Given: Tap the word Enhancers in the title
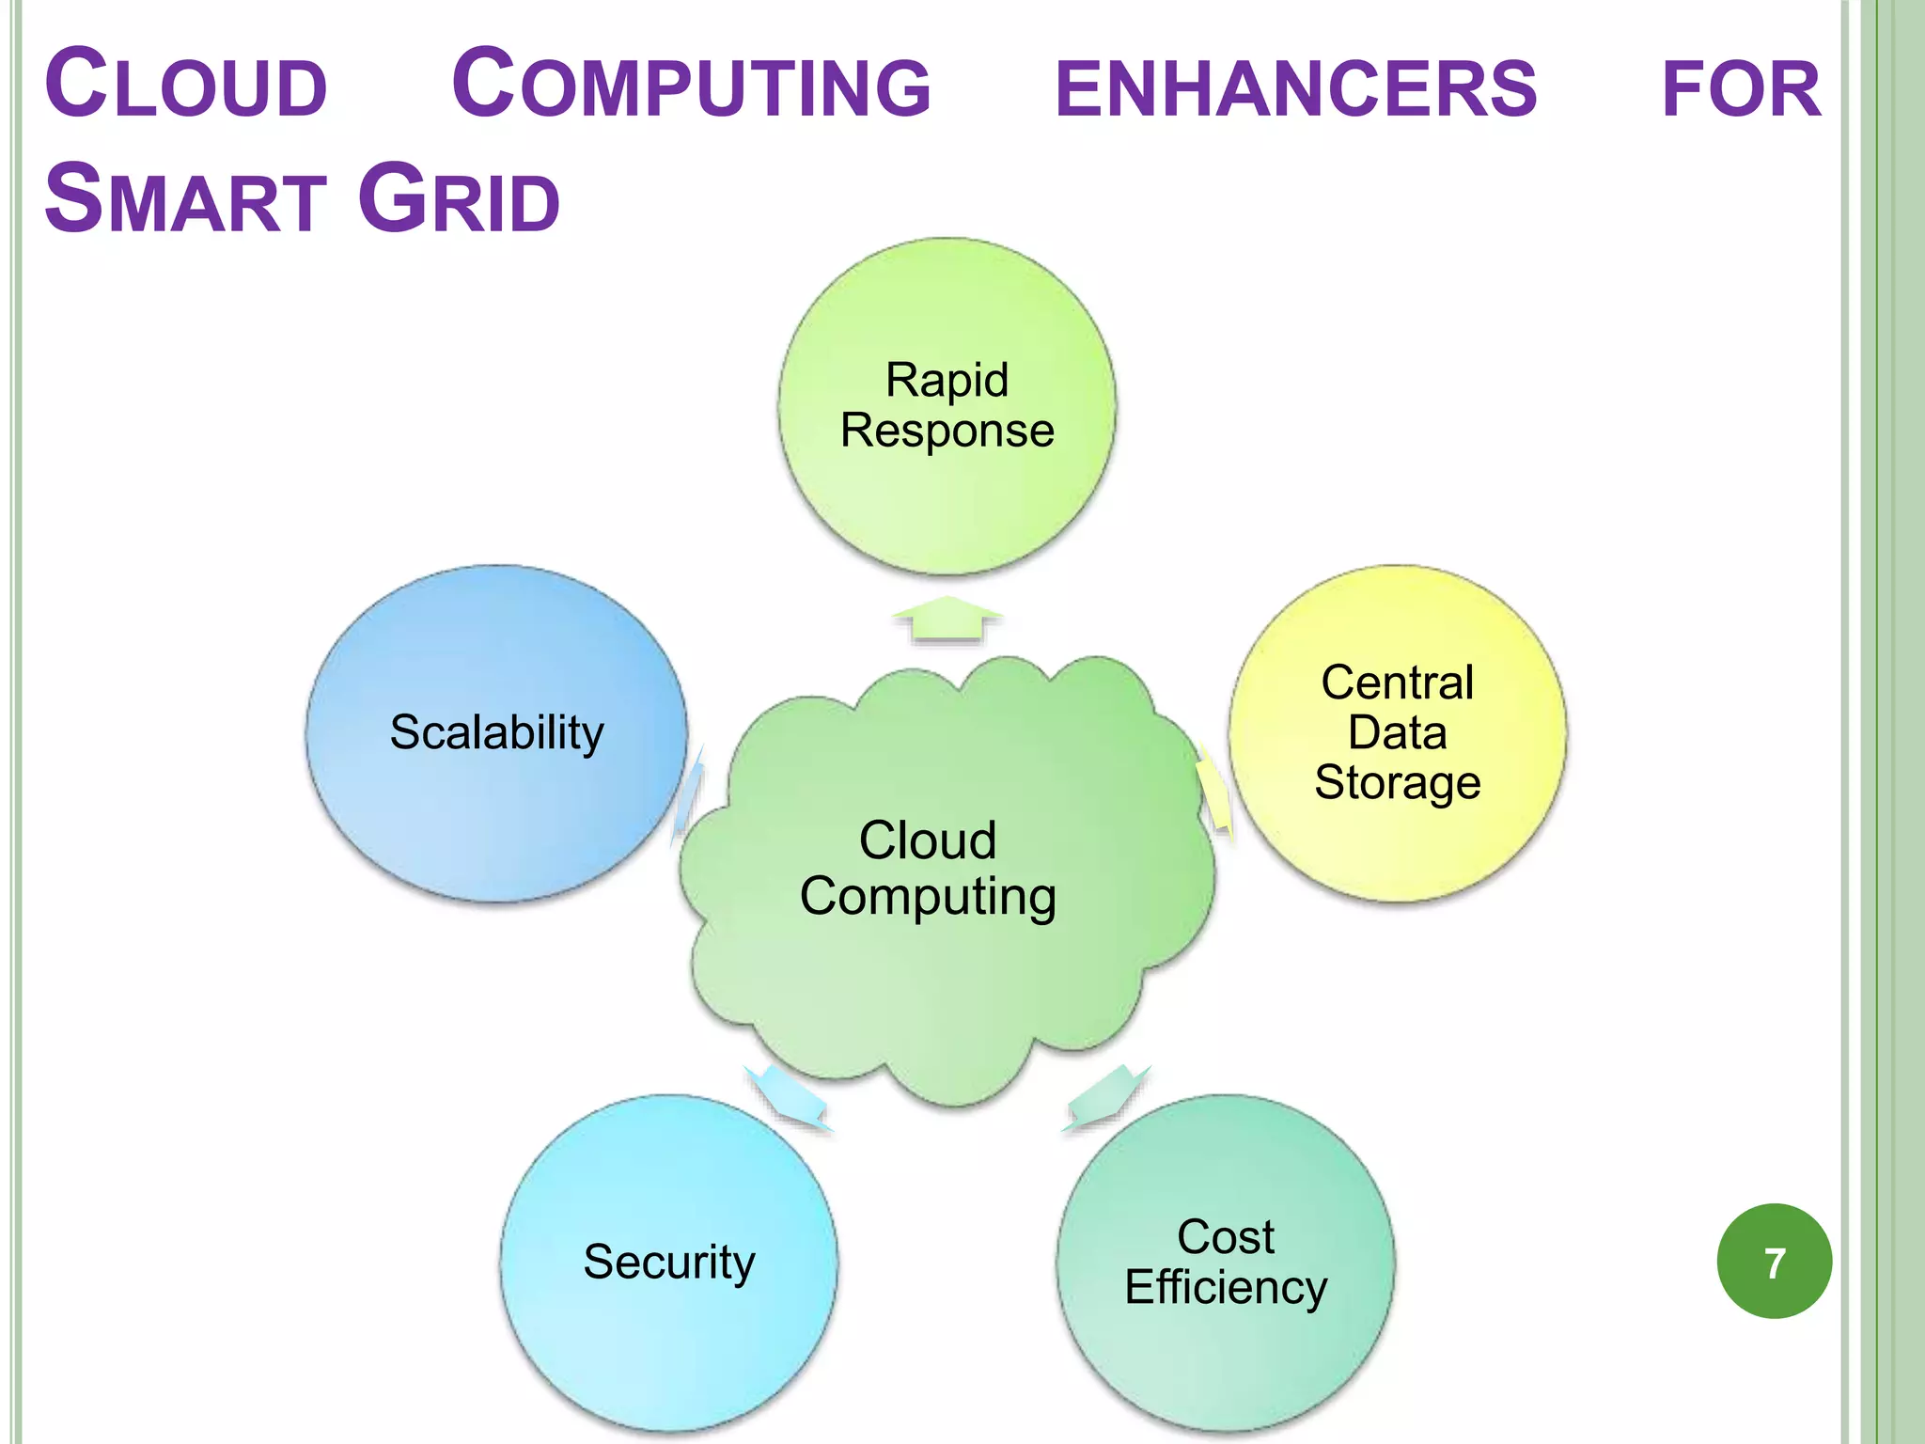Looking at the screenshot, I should [1295, 89].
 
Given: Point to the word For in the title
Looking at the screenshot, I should [1741, 89].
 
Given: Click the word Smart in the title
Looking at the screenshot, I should [185, 200].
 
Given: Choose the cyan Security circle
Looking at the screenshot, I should [668, 1344].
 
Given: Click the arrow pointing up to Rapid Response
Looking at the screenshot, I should [947, 620].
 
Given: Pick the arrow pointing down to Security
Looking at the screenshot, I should [788, 1096].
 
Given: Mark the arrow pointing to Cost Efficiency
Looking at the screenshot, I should [1106, 1096].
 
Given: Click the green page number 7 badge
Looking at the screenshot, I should [1774, 1261].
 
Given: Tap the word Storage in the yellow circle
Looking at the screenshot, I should [1397, 782].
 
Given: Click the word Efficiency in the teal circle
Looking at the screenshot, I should [1226, 1287].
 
